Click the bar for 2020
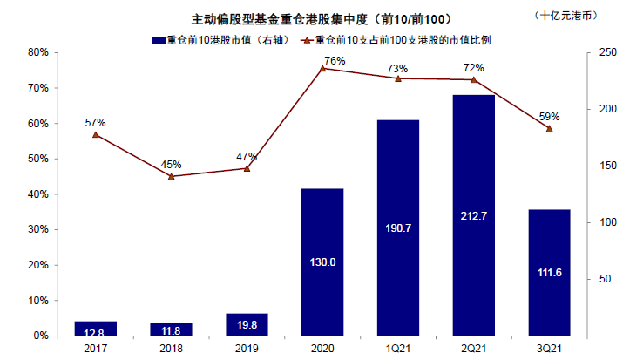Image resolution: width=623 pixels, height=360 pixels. click(322, 262)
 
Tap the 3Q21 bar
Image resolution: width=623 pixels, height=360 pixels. click(550, 272)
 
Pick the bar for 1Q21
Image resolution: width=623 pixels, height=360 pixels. click(398, 228)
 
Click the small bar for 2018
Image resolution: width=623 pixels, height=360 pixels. click(171, 329)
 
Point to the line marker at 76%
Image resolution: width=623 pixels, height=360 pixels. click(322, 68)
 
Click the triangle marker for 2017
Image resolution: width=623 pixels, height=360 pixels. click(95, 134)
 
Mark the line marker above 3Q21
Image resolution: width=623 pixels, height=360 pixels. click(550, 128)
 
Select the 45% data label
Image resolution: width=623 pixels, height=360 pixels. click(171, 164)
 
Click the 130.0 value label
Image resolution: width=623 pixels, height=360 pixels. click(322, 262)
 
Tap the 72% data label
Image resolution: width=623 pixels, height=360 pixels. click(474, 67)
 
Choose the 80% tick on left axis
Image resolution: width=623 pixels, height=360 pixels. click(37, 52)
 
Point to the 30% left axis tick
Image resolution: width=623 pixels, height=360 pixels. click(37, 229)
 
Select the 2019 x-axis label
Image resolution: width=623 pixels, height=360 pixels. click(247, 348)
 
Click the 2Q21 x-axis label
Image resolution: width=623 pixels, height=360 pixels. click(474, 348)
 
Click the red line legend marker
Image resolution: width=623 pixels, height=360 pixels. click(307, 39)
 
